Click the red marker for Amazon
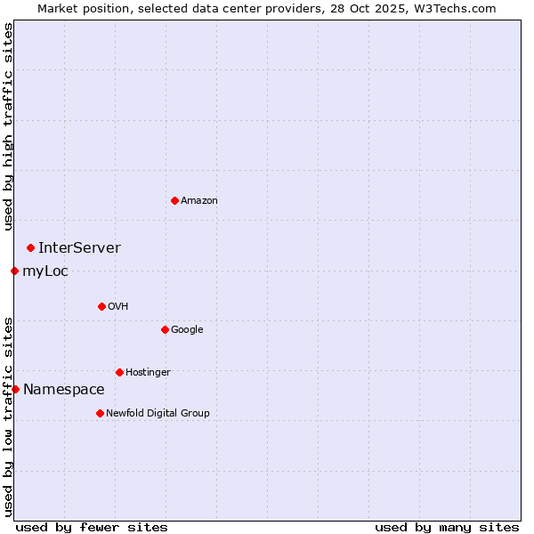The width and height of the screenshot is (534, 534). point(174,200)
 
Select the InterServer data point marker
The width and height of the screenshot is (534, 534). point(30,247)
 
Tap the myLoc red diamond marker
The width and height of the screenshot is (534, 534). point(15,271)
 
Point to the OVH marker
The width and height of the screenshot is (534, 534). point(101,306)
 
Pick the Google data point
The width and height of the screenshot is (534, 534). point(165,329)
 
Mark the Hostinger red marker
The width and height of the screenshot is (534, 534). point(119,372)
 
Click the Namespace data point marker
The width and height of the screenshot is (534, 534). point(15,389)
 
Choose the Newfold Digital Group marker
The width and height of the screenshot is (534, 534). point(100,413)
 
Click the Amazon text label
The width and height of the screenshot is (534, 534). point(199,200)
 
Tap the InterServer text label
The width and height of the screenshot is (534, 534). point(79,247)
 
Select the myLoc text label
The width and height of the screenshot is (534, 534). point(45,271)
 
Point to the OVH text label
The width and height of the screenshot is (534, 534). point(118,306)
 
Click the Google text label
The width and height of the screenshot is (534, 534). point(187,329)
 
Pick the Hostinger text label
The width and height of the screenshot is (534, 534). point(148,372)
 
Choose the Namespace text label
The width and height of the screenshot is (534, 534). point(63,389)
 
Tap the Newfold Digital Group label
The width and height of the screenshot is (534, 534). point(158,413)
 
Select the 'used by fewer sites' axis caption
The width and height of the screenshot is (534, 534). point(92,527)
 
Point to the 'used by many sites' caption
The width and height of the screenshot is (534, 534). point(447,527)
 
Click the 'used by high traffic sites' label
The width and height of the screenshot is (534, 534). point(8,126)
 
